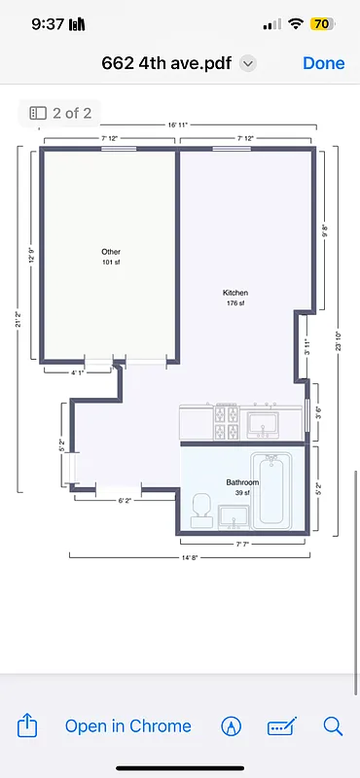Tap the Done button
323,63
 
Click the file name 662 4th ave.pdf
169,63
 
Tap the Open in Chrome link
127,725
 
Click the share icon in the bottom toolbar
28,725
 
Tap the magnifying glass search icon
333,725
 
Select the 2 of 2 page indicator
60,113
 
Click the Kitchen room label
235,293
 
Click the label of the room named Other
111,252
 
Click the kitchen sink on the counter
263,423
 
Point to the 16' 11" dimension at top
178,125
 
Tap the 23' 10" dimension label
338,340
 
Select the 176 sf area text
235,303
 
